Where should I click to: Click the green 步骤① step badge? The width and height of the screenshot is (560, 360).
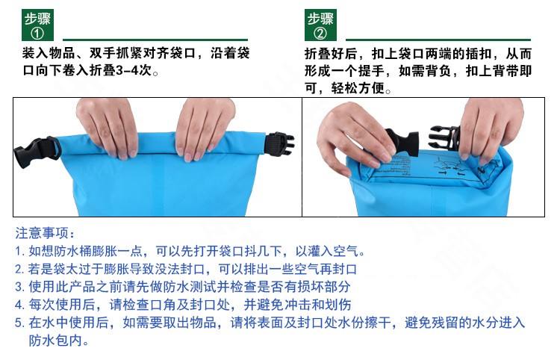(37, 25)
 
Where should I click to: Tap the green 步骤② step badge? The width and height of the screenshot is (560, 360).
(320, 25)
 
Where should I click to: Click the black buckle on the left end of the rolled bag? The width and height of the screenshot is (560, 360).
(37, 152)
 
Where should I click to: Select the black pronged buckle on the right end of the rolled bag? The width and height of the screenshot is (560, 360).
(279, 145)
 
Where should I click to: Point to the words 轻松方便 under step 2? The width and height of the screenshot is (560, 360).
(358, 87)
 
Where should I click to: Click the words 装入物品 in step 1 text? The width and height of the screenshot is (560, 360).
(49, 53)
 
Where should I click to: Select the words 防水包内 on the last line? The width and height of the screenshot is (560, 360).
(55, 341)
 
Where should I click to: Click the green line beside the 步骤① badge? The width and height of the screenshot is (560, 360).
(155, 40)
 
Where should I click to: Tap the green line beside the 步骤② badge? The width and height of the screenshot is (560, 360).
(438, 40)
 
